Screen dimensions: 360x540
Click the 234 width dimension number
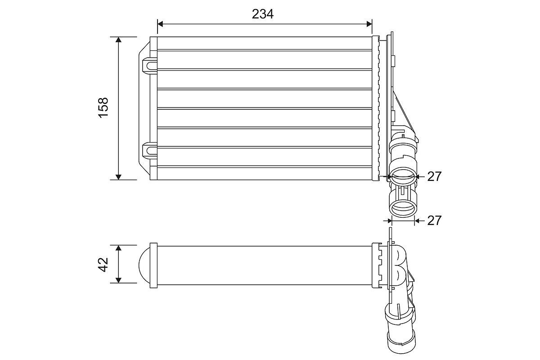(x=263, y=14)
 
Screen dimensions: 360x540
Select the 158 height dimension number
(x=103, y=108)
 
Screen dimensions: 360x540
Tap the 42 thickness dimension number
(x=103, y=264)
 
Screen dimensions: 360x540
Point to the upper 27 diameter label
(x=434, y=176)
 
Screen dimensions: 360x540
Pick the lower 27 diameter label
(x=434, y=220)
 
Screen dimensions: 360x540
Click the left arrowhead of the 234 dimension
(x=160, y=23)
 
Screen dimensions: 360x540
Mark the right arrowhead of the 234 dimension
(x=369, y=23)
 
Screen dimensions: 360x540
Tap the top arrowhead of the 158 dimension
(x=118, y=40)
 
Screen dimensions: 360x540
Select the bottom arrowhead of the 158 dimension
(x=118, y=177)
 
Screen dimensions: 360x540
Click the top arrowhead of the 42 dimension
(x=118, y=248)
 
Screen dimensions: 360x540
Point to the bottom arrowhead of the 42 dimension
(x=118, y=280)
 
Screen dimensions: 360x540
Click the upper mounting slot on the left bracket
(x=149, y=65)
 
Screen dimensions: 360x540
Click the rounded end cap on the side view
(x=144, y=265)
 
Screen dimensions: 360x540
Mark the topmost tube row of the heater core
(x=265, y=44)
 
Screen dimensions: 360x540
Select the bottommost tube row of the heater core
(x=265, y=173)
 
